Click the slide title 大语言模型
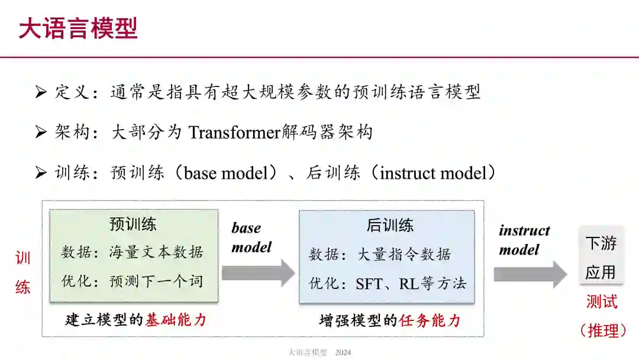(x=78, y=28)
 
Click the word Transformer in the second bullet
(x=234, y=132)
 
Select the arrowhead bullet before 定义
(x=41, y=92)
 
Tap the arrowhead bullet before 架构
(x=41, y=132)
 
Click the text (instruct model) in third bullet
(x=437, y=173)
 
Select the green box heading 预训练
(x=133, y=224)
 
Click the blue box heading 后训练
(x=390, y=225)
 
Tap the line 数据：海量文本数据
(x=133, y=252)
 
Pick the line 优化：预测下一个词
(x=133, y=281)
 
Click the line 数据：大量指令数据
(x=380, y=255)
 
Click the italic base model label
(x=251, y=237)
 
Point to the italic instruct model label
(x=524, y=240)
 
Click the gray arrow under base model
(x=258, y=273)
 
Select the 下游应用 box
(x=601, y=258)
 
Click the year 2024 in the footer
(x=343, y=353)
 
